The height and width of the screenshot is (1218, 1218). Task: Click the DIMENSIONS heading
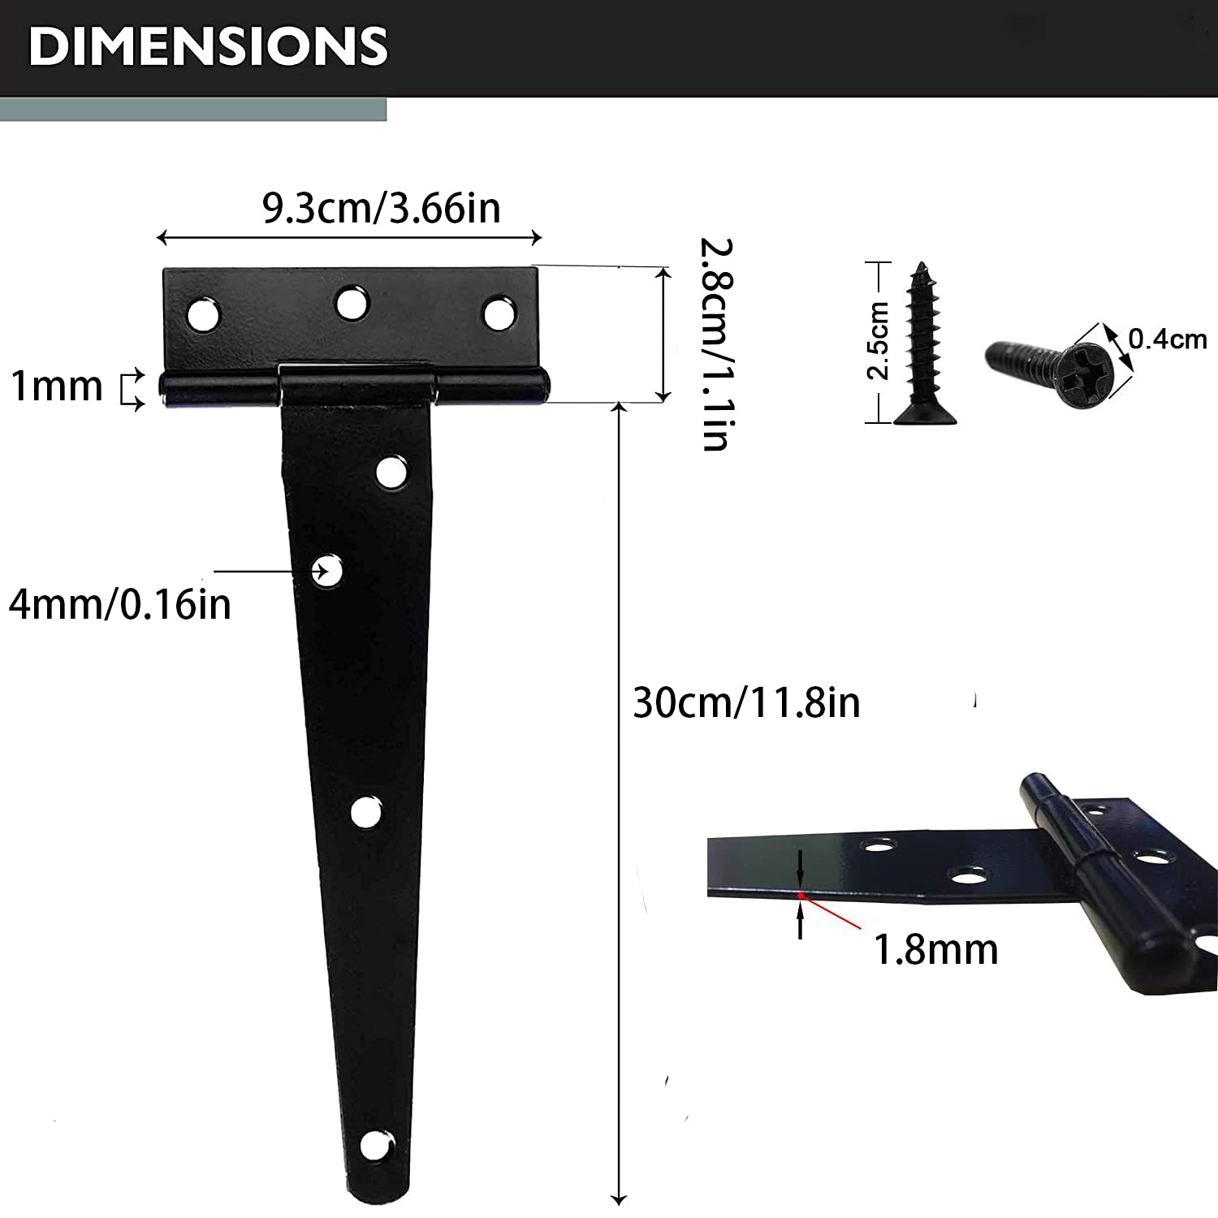tap(208, 45)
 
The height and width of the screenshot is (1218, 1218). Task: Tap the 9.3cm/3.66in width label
tap(382, 208)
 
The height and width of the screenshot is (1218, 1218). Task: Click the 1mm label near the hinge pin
tap(56, 386)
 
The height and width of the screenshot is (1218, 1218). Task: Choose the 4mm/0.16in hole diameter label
tap(120, 604)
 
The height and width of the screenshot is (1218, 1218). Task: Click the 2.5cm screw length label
tap(879, 340)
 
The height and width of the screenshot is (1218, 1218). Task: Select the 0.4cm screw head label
tap(1168, 339)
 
